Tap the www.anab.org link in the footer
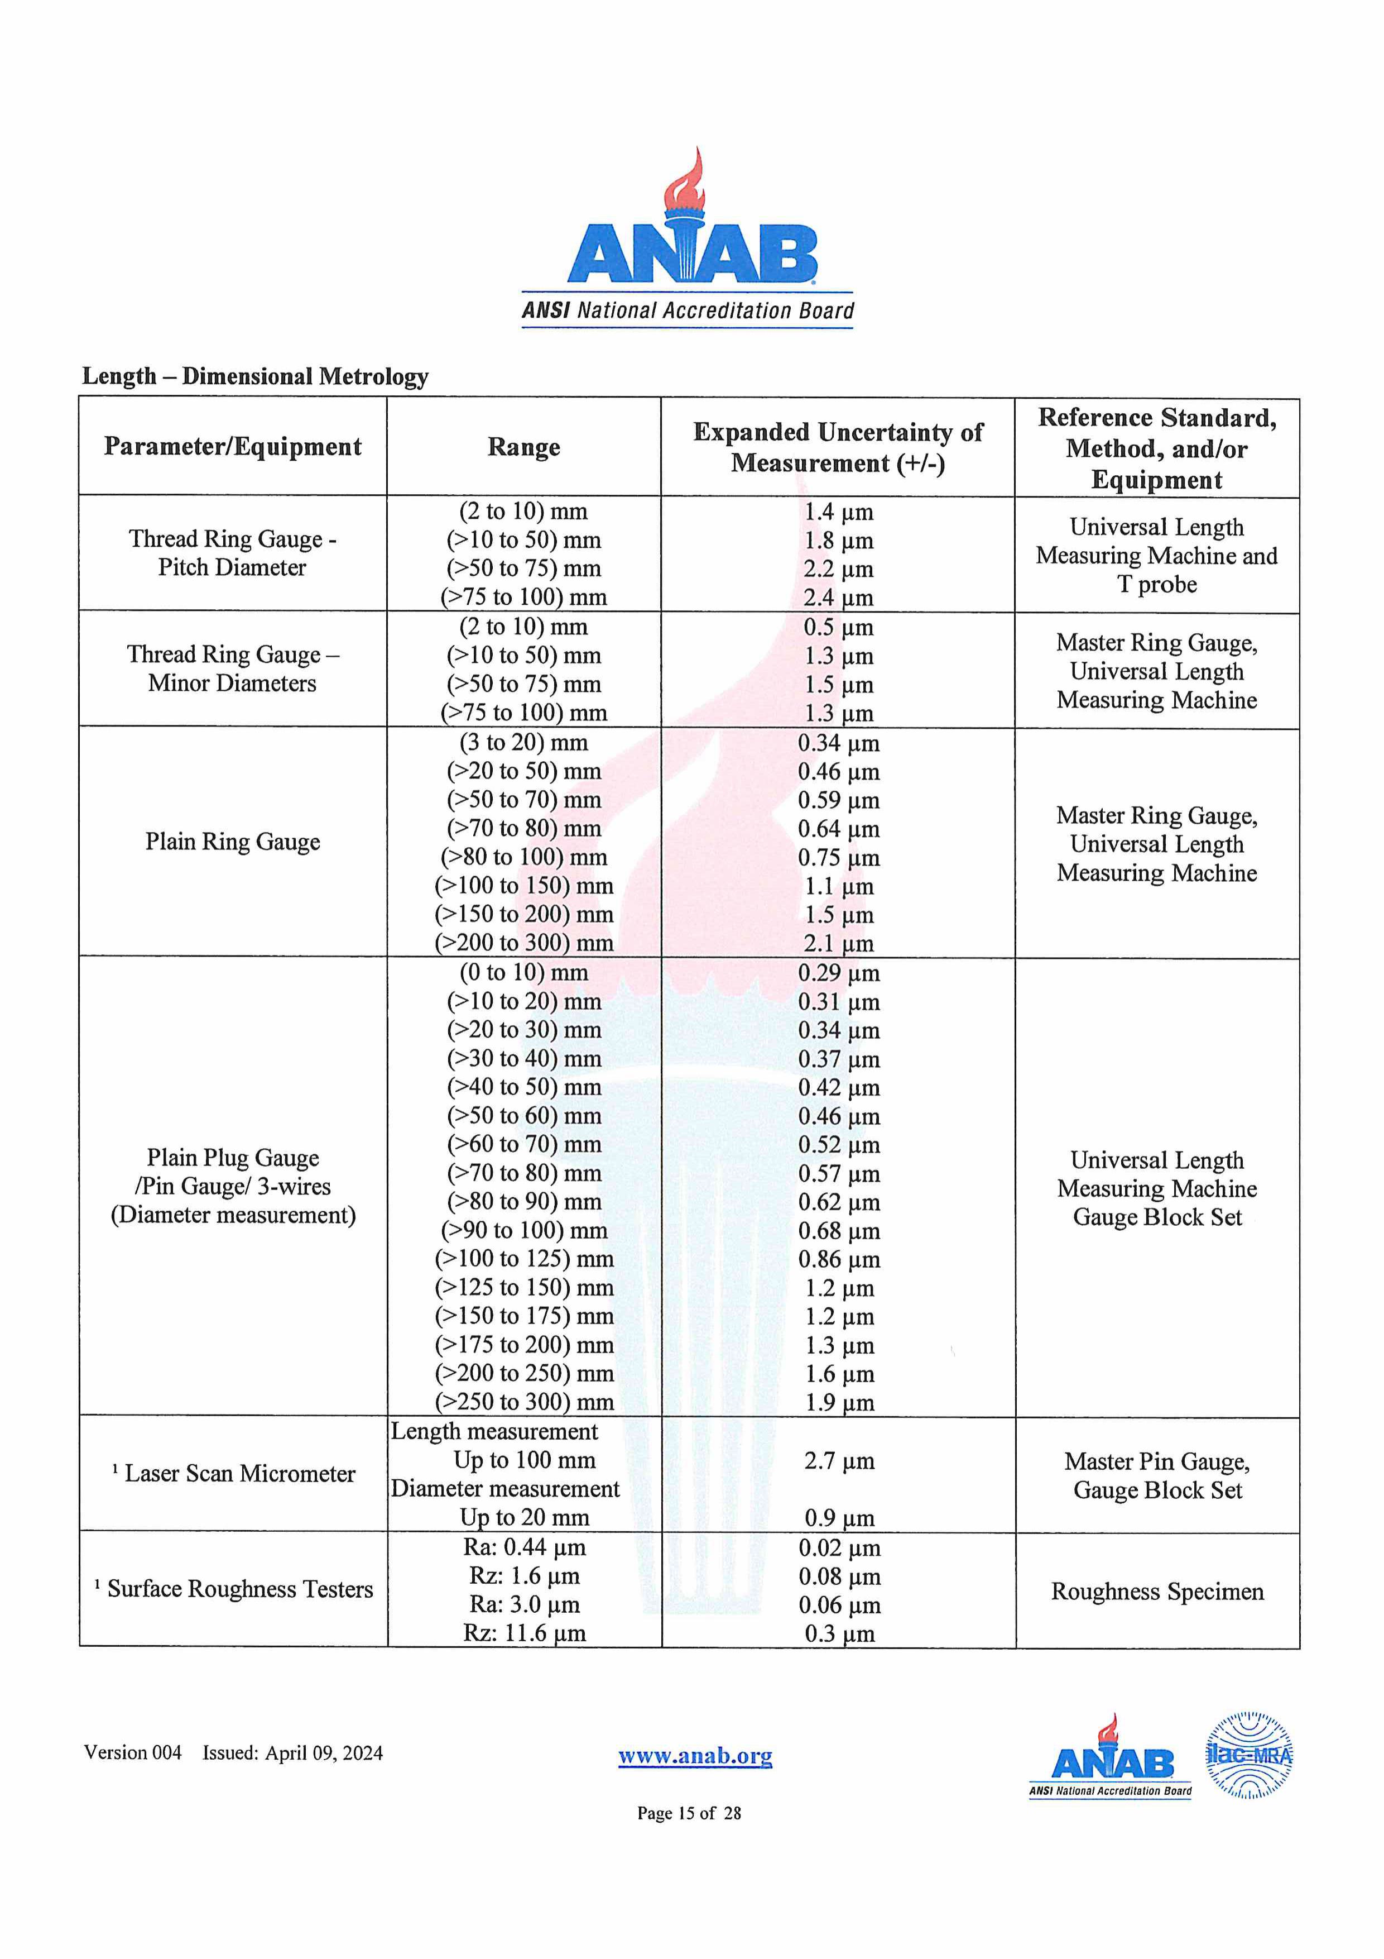(695, 1755)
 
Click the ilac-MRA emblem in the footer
(1250, 1755)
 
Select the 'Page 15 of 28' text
(689, 1813)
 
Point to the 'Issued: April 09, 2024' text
(292, 1753)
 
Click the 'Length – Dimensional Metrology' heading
(255, 376)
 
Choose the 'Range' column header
(523, 447)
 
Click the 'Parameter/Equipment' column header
(233, 447)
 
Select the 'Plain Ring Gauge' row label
(233, 842)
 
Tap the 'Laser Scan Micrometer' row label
(239, 1474)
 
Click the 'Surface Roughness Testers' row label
(239, 1589)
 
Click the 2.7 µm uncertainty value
(839, 1461)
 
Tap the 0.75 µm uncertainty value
(839, 858)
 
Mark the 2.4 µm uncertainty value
(839, 598)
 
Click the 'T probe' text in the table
(1157, 585)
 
